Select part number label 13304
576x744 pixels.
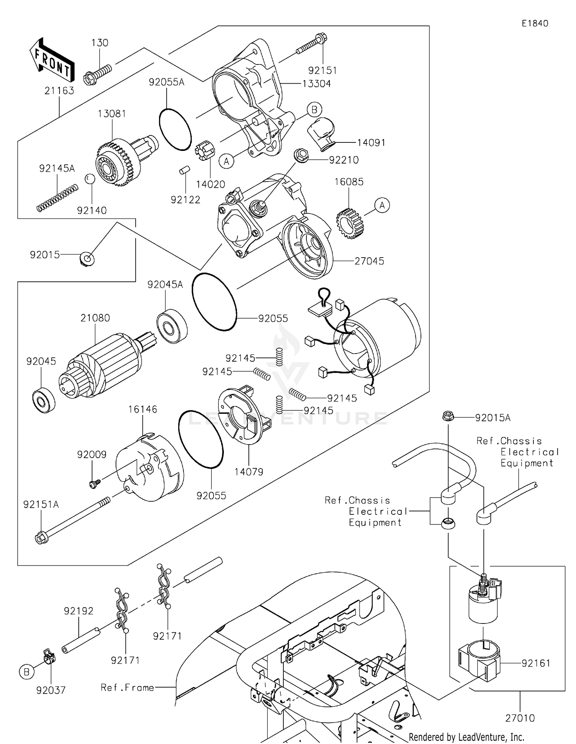tap(316, 84)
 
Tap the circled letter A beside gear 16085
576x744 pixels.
tap(382, 205)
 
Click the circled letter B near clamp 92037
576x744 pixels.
tap(26, 672)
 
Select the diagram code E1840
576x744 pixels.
tap(535, 23)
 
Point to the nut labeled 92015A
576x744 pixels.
tap(447, 416)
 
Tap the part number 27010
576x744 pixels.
tap(520, 718)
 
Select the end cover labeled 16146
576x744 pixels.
tap(150, 468)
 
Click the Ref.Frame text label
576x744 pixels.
tap(127, 688)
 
